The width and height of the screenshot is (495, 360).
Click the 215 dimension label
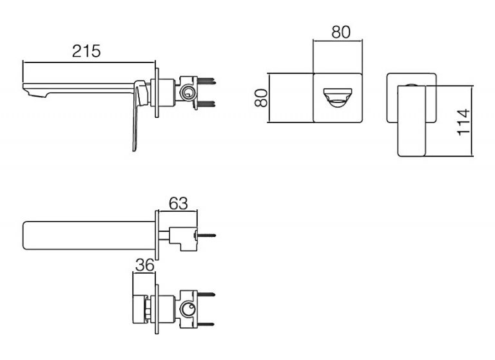pyautogui.click(x=86, y=51)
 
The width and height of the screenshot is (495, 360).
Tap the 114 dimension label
pyautogui.click(x=464, y=122)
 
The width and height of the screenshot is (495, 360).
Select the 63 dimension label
pyautogui.click(x=179, y=204)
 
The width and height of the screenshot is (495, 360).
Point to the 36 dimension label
pyautogui.click(x=145, y=265)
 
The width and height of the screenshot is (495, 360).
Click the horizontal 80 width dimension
pyautogui.click(x=341, y=32)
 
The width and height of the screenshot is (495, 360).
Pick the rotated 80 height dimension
pyautogui.click(x=262, y=98)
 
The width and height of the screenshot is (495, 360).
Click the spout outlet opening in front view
pyautogui.click(x=338, y=98)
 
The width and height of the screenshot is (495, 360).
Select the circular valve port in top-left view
pyautogui.click(x=186, y=93)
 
